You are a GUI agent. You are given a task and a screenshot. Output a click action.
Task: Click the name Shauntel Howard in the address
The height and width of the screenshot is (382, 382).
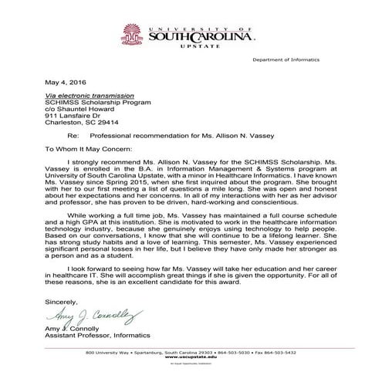coord(83,107)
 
